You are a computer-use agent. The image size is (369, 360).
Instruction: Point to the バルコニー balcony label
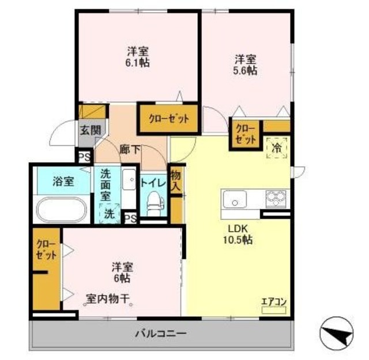click(161, 333)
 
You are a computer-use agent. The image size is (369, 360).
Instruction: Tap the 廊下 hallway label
click(130, 148)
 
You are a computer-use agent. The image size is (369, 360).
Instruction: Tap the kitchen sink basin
click(235, 201)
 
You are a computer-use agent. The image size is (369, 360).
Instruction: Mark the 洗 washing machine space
click(109, 213)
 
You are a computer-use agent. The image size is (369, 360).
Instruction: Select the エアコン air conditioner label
click(273, 301)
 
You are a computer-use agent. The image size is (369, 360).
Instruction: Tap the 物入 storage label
click(176, 181)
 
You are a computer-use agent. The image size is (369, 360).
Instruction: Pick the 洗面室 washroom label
click(106, 185)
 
